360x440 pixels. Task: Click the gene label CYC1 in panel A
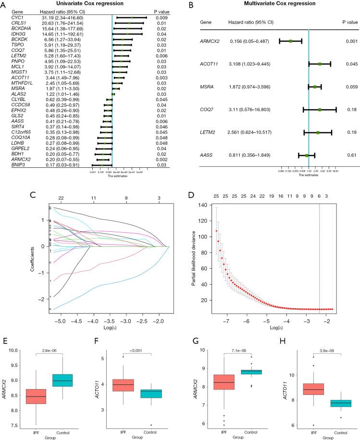click(x=10, y=17)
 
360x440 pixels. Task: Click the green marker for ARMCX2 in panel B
click(x=290, y=41)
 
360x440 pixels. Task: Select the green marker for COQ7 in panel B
click(x=320, y=110)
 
